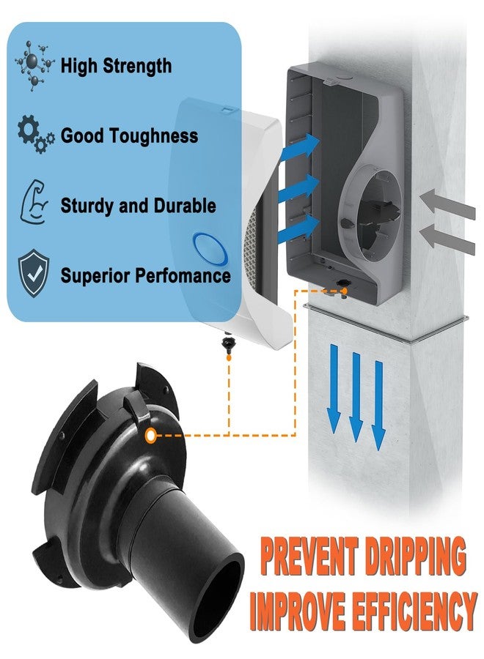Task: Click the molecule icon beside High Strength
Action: point(34,65)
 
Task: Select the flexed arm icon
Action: point(34,202)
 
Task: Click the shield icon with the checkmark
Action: point(34,274)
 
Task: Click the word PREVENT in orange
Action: point(309,556)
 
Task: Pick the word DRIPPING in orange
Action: point(415,556)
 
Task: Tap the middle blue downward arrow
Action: point(356,397)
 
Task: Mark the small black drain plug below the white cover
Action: point(228,345)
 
